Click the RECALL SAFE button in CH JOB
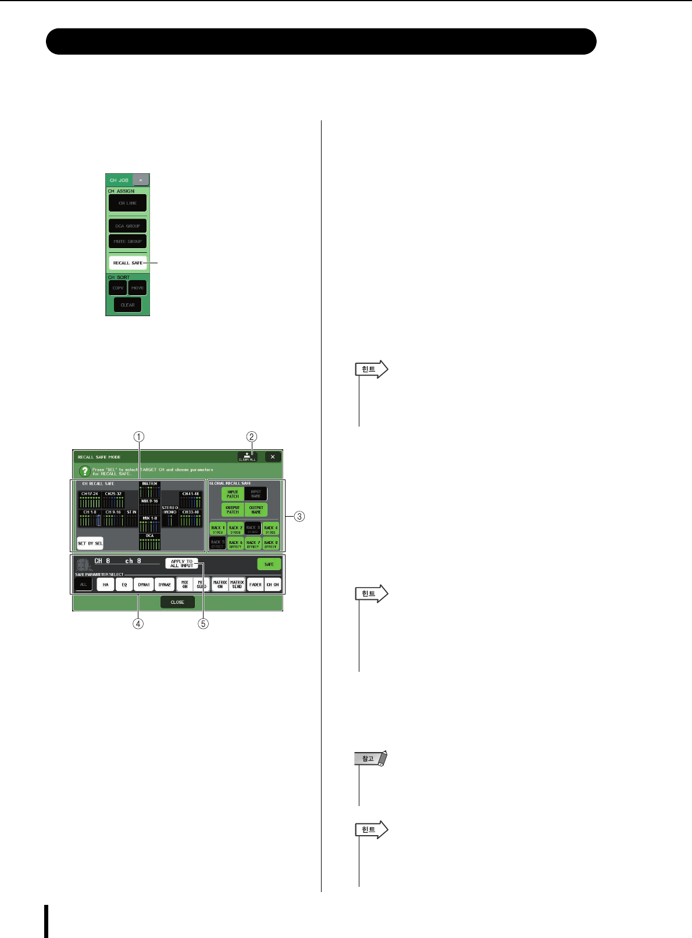[127, 263]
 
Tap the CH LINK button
[127, 203]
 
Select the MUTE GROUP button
[127, 241]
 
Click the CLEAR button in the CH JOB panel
[127, 305]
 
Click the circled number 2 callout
[252, 436]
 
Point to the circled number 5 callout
[203, 624]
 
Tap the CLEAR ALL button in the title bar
[247, 457]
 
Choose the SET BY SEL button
[90, 543]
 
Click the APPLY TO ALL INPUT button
[181, 564]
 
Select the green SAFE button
[269, 564]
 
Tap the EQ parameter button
[124, 585]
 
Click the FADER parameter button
[255, 585]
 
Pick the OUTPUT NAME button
[256, 510]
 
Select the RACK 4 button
[270, 529]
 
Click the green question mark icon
[85, 471]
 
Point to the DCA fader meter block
[149, 542]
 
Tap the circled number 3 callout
[299, 515]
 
